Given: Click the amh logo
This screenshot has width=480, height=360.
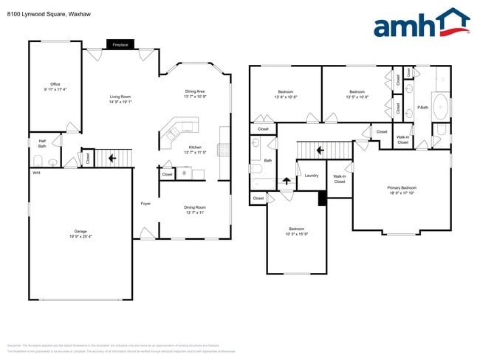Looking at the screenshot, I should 421,24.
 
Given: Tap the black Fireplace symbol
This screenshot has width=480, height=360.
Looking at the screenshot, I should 120,44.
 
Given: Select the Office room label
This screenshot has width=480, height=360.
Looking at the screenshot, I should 55,86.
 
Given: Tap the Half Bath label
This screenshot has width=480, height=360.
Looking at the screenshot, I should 42,144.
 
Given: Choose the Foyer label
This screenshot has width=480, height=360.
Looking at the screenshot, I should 146,204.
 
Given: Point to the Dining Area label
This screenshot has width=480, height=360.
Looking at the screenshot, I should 196,94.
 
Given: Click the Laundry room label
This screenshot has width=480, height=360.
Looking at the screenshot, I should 311,175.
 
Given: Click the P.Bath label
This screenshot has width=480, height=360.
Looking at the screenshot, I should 423,108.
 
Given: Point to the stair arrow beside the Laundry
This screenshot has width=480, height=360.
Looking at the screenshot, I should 287,180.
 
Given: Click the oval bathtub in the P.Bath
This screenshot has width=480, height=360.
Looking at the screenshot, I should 439,105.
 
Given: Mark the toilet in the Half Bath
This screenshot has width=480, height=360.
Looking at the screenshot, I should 38,160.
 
